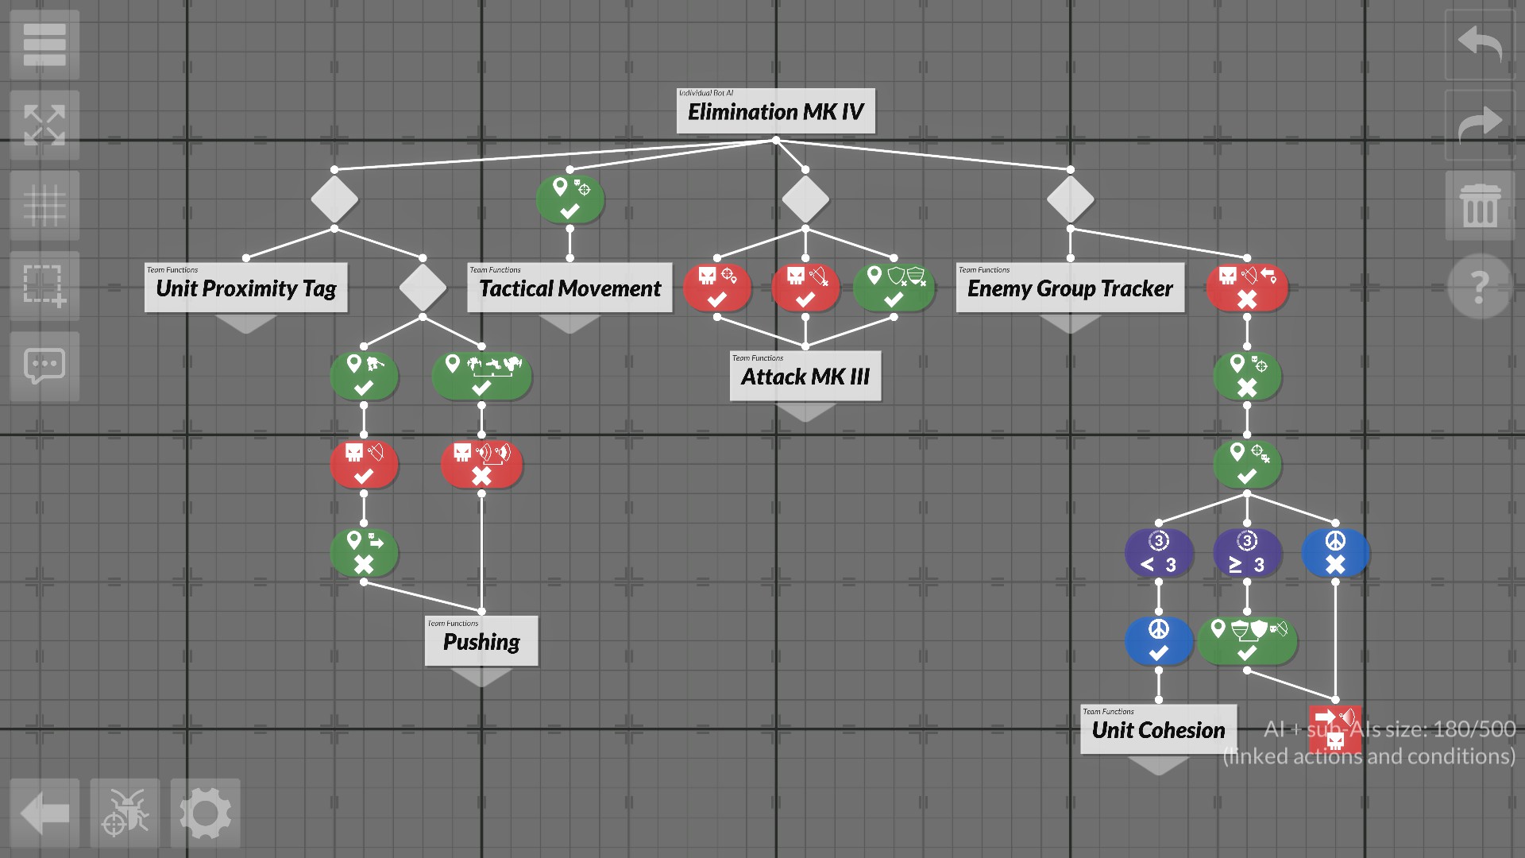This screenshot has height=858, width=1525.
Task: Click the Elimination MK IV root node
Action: click(x=775, y=111)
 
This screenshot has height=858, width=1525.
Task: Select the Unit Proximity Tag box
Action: click(x=245, y=288)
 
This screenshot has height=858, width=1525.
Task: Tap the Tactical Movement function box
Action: click(x=569, y=288)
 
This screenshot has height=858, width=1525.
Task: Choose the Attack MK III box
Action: click(x=805, y=376)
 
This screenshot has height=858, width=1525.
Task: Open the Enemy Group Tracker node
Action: click(x=1069, y=288)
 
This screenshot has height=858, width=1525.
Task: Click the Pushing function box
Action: click(x=481, y=641)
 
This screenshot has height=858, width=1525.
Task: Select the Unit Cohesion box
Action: click(x=1158, y=729)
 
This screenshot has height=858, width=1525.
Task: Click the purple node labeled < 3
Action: click(x=1159, y=553)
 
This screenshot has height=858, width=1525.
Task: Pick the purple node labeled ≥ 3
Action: click(x=1247, y=553)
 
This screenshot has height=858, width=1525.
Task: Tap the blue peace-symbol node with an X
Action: click(x=1335, y=553)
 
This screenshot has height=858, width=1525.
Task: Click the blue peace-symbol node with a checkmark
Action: click(x=1159, y=641)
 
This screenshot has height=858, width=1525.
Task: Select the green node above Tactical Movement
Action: click(x=569, y=199)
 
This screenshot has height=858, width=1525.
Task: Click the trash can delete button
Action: click(x=1479, y=205)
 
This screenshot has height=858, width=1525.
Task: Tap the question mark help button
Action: click(x=1479, y=286)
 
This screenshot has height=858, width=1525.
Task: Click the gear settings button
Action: click(x=205, y=814)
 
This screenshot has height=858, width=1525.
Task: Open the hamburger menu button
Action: click(x=44, y=44)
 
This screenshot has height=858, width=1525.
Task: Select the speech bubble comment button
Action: click(x=44, y=365)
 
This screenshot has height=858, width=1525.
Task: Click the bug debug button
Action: click(x=125, y=814)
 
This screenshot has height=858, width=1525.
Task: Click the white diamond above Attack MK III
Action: click(x=805, y=199)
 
